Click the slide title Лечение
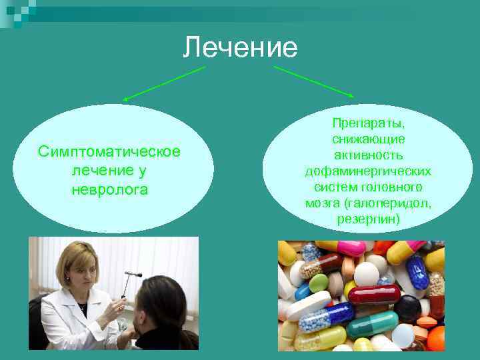click(x=240, y=47)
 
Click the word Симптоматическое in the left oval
click(x=109, y=151)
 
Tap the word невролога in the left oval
click(x=109, y=189)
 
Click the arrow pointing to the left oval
click(x=163, y=83)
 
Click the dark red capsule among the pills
click(x=374, y=294)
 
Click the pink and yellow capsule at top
click(x=340, y=247)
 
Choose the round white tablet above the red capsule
click(x=366, y=274)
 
